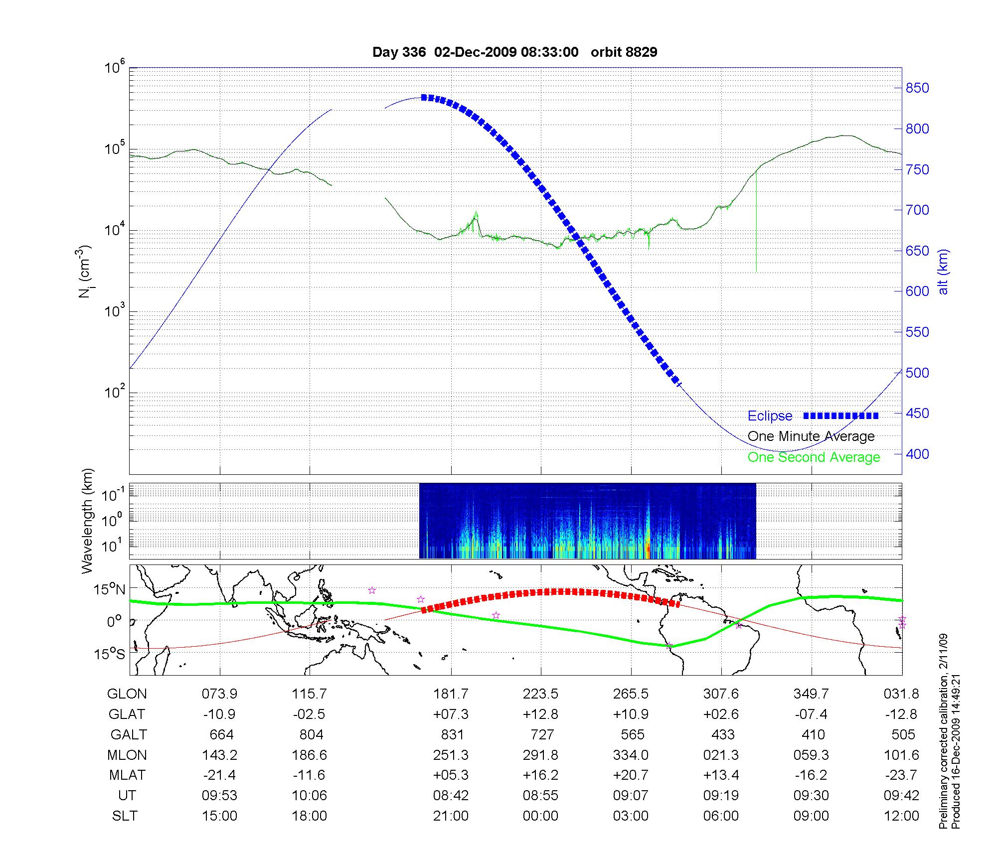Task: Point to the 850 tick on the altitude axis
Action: click(x=917, y=88)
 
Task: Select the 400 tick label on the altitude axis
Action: click(x=917, y=454)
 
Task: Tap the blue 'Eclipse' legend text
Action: click(x=770, y=416)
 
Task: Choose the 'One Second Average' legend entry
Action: click(x=814, y=457)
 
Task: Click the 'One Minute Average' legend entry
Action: click(x=811, y=436)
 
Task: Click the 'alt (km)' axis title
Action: click(x=943, y=272)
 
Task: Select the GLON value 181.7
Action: click(x=451, y=694)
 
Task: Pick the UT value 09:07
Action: click(x=631, y=796)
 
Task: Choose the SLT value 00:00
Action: click(x=540, y=816)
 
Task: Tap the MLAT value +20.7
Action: click(x=631, y=775)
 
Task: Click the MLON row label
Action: click(x=127, y=755)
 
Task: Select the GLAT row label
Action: click(x=127, y=714)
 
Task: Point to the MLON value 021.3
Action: click(x=721, y=755)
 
